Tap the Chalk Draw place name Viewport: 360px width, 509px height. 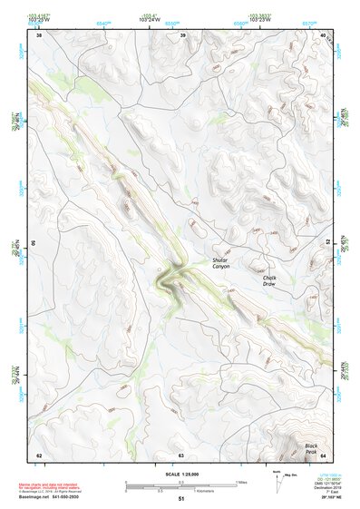(268, 280)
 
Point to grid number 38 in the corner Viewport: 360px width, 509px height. (39, 36)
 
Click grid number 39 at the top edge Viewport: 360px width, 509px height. (183, 36)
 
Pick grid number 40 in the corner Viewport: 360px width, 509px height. (324, 36)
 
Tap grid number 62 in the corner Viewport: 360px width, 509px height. (39, 455)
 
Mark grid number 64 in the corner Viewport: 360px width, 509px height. (323, 455)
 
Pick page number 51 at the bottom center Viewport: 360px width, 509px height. (180, 499)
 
